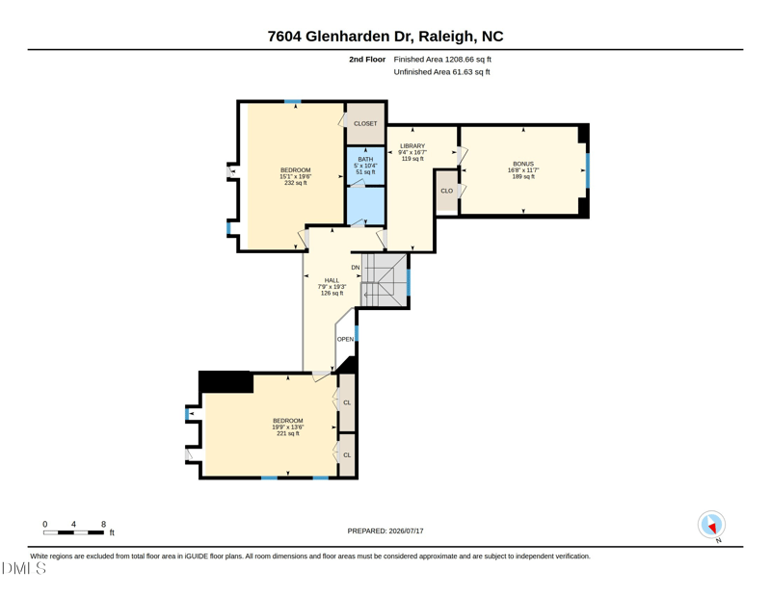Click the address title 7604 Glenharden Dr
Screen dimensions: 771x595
(341, 37)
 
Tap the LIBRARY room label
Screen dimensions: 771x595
(412, 146)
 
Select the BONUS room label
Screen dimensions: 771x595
(523, 164)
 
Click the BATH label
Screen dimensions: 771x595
(365, 159)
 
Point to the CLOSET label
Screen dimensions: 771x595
(365, 124)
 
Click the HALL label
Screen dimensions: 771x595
(332, 280)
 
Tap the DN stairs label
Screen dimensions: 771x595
(356, 268)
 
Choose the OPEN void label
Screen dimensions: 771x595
(345, 339)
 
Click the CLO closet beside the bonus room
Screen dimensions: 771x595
(447, 191)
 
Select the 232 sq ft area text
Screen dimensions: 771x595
(296, 183)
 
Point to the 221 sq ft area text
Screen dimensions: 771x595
(288, 433)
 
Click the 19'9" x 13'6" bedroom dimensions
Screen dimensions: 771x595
(288, 427)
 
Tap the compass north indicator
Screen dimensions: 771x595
(711, 525)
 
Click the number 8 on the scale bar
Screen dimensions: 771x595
(103, 525)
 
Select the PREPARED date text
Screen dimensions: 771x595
(385, 530)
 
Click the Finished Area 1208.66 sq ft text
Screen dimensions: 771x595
(442, 60)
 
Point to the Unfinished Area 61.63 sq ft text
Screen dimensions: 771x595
(442, 72)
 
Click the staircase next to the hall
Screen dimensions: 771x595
(385, 280)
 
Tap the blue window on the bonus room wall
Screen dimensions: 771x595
(587, 170)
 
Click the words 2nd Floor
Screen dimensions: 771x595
(367, 60)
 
